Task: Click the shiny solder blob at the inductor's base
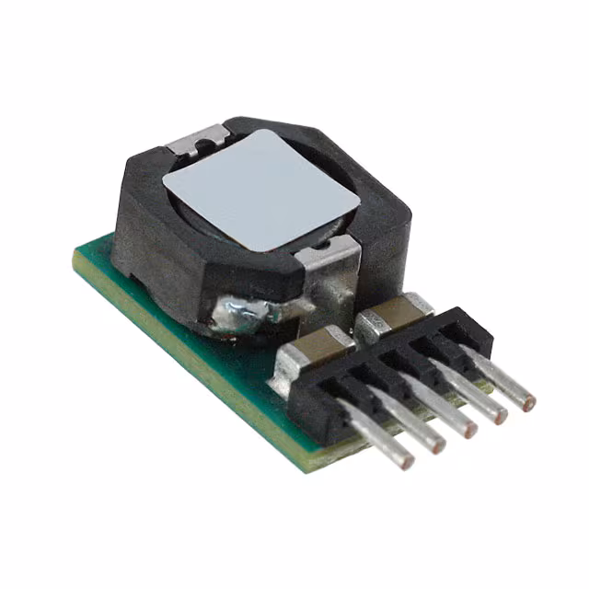click(x=241, y=311)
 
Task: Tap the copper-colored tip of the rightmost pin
click(x=528, y=400)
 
